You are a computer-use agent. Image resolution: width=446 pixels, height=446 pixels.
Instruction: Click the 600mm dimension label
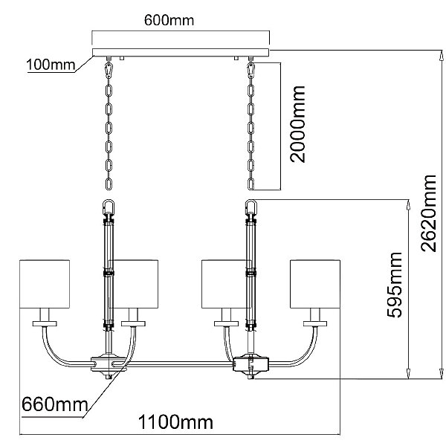point(169,21)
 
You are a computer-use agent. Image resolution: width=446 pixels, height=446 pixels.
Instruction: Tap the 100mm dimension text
point(51,65)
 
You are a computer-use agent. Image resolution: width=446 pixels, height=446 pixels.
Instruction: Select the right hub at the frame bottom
point(250,365)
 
